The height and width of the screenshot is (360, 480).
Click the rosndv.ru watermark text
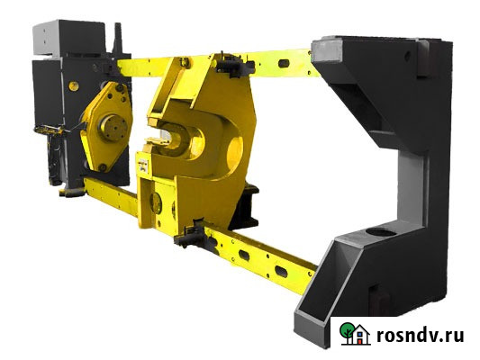420,335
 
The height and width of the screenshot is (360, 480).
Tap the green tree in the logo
347,331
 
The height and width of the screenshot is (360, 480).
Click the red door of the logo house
359,339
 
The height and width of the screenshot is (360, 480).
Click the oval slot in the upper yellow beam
284,63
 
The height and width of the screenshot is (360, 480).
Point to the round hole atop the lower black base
381,232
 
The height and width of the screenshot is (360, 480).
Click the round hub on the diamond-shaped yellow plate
113,128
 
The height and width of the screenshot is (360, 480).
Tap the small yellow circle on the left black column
74,85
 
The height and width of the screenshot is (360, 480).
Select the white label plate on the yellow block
142,165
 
